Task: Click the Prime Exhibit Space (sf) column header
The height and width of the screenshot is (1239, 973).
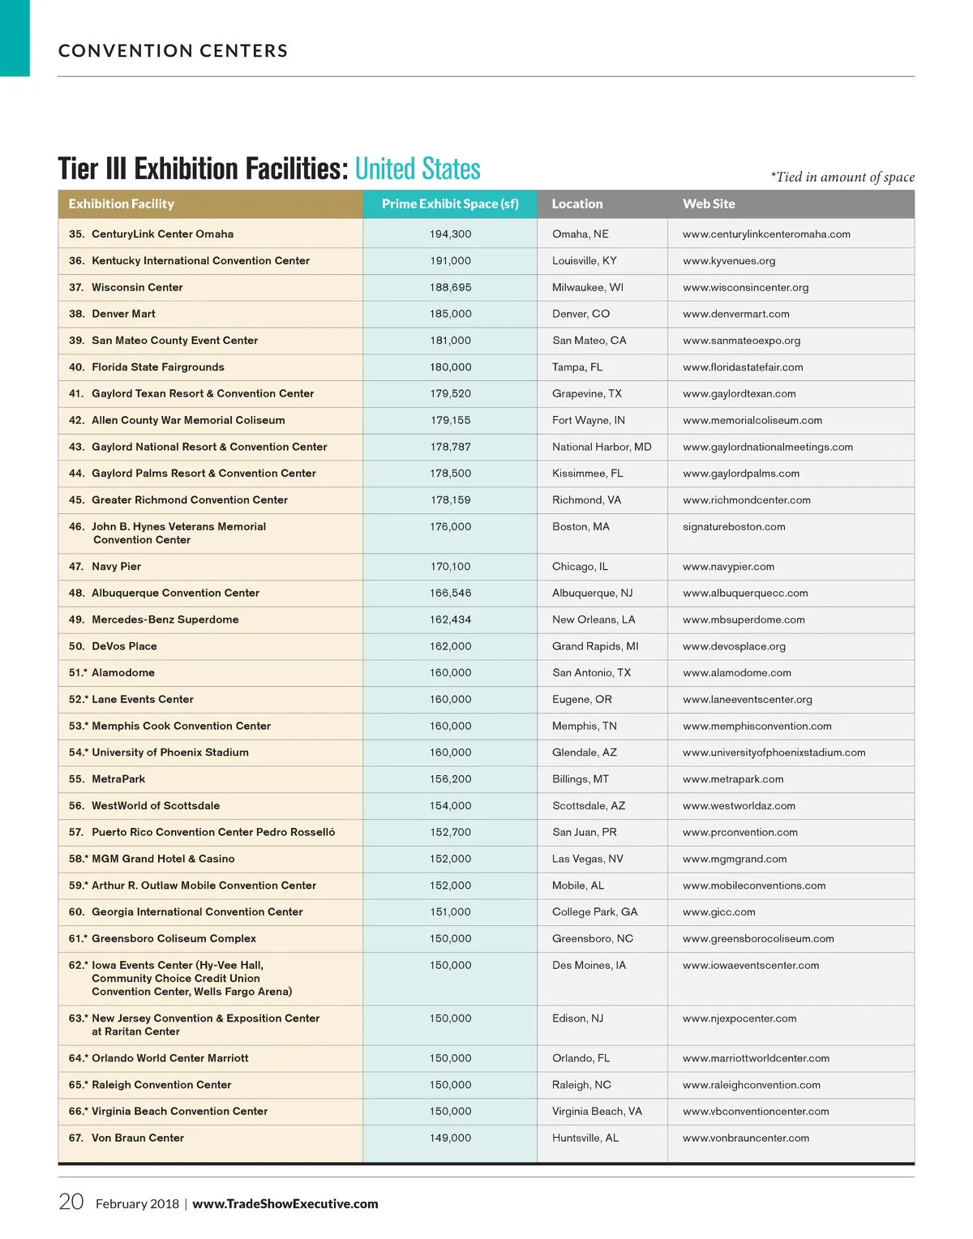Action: point(450,204)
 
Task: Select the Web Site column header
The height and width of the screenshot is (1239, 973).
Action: point(709,204)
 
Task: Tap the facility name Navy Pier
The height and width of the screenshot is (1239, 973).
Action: point(116,567)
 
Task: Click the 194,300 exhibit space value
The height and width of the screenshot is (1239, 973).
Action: point(450,234)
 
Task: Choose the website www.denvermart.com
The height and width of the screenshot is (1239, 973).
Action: point(735,314)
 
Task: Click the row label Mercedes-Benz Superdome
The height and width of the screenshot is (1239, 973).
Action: point(165,619)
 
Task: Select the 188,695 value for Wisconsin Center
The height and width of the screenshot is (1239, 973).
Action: point(450,288)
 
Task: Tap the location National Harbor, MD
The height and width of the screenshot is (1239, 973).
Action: point(602,447)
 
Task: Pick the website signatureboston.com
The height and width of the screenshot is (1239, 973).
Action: point(734,527)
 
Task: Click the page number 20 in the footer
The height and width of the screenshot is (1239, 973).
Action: point(71,1202)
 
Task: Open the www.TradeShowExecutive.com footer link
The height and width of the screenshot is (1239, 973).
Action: point(285,1204)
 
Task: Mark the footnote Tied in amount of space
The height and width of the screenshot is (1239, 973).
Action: point(843,177)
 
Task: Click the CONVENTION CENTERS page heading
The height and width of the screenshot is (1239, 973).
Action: point(173,51)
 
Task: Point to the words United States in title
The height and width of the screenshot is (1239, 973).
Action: point(418,169)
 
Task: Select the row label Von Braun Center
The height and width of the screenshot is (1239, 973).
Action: point(137,1138)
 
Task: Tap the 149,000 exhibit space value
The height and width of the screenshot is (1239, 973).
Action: point(450,1138)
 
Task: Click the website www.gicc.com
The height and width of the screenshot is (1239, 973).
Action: point(718,912)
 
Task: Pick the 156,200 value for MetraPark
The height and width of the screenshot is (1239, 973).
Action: point(450,779)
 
